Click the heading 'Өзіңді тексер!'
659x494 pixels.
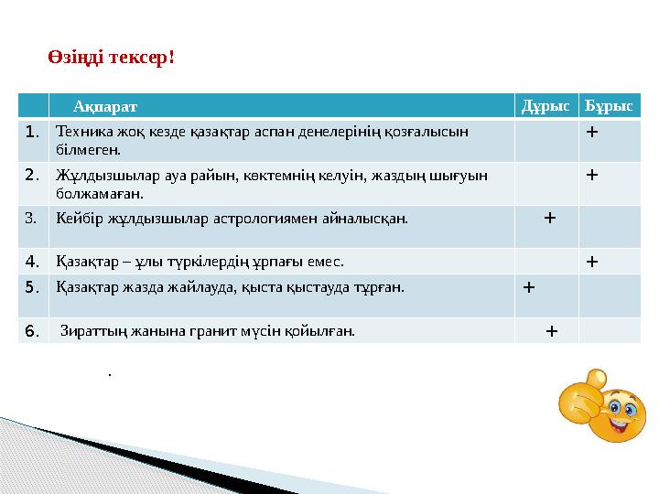tap(111, 58)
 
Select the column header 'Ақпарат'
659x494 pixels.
tap(106, 107)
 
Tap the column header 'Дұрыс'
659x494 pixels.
tap(546, 107)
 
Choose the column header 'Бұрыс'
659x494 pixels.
tap(610, 107)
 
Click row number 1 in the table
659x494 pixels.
tap(32, 132)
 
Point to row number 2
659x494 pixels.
tap(32, 174)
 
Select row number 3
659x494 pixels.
tap(32, 219)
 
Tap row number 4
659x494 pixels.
tap(32, 261)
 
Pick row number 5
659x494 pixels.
tap(32, 286)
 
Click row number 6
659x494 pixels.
tap(32, 329)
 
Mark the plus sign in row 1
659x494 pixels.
tap(592, 131)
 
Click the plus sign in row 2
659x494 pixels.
tap(592, 174)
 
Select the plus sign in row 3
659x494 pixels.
tap(548, 218)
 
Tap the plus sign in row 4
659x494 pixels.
tap(592, 261)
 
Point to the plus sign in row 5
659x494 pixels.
tap(528, 286)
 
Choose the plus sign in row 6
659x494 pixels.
tap(550, 330)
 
